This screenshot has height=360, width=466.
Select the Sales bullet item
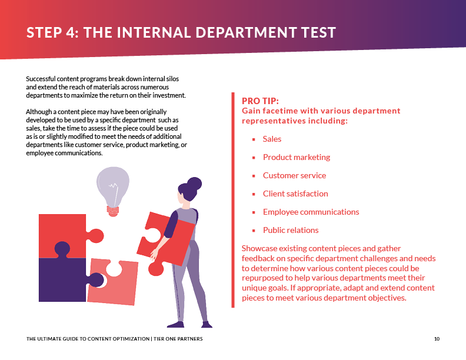click(272, 139)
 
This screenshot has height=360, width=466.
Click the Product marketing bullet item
click(296, 158)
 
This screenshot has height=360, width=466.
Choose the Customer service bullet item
click(294, 176)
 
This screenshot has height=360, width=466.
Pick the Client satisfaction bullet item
click(295, 194)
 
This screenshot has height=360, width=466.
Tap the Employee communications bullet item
click(311, 212)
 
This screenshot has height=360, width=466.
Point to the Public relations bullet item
click(291, 231)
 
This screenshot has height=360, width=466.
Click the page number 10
click(437, 339)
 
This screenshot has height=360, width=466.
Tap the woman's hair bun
click(194, 184)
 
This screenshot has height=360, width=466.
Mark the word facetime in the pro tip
click(281, 111)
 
